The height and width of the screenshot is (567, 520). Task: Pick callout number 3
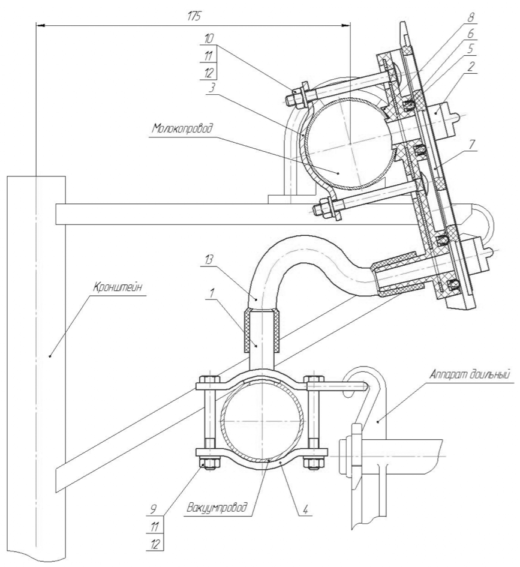coord(209,88)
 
